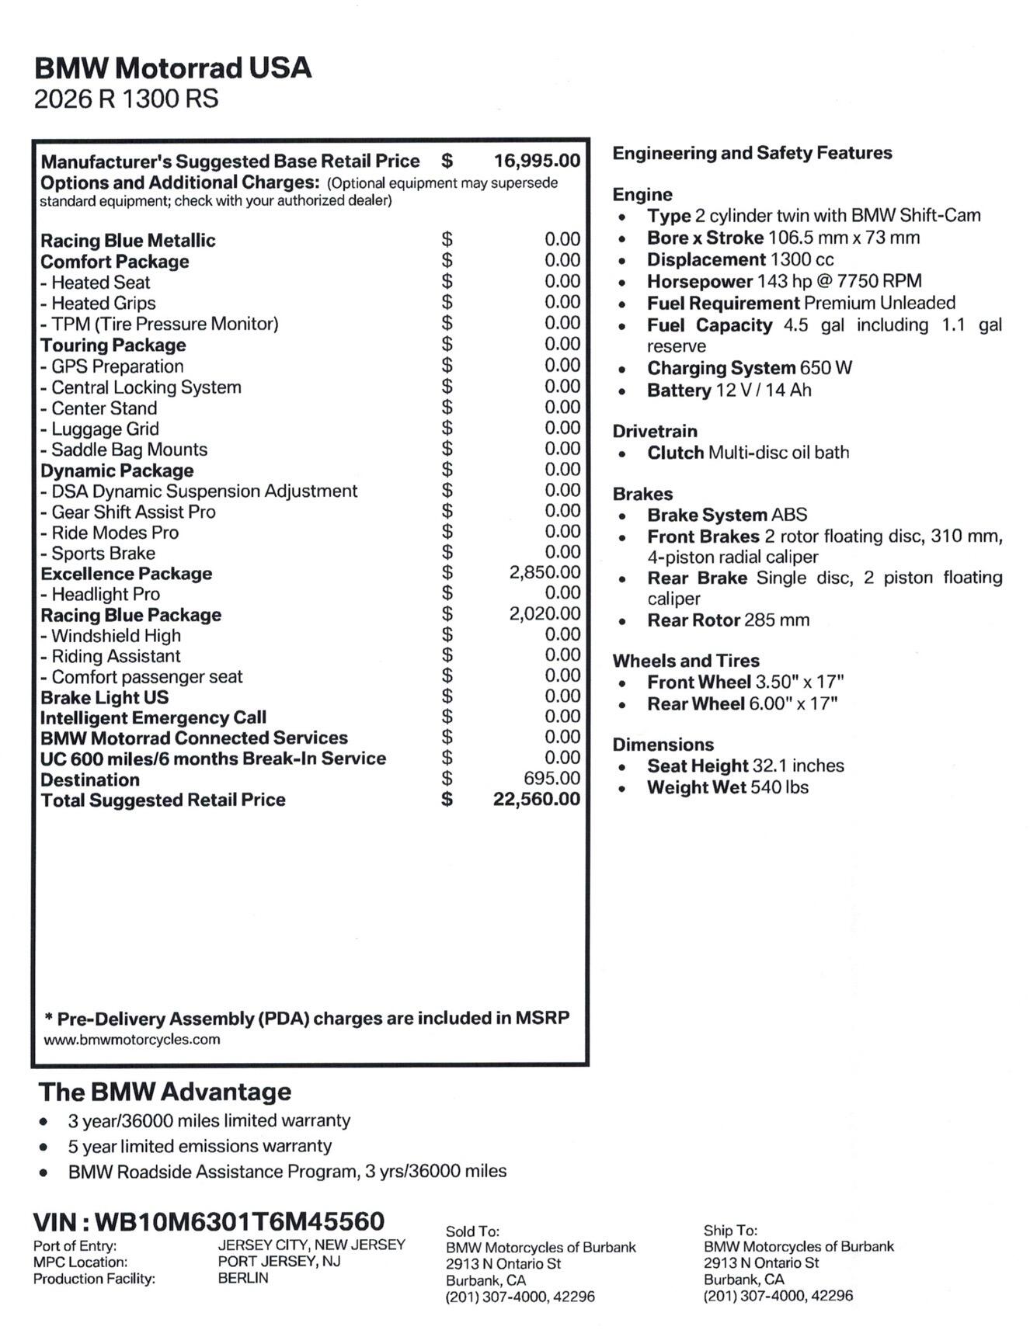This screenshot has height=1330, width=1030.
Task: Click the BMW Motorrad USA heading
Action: [172, 68]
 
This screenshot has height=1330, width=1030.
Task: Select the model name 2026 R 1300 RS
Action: [126, 99]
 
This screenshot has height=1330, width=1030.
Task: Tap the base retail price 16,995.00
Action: [537, 161]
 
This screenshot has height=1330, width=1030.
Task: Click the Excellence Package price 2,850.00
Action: [545, 572]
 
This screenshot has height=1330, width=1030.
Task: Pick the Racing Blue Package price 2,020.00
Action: [545, 613]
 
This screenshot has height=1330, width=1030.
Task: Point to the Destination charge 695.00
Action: [552, 778]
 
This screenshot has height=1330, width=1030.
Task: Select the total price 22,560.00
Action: [536, 799]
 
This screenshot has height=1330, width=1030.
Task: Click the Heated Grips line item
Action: [99, 304]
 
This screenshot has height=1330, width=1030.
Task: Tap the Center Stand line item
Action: [99, 408]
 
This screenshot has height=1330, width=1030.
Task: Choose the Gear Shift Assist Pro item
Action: [128, 512]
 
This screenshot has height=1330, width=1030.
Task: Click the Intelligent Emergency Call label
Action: [153, 717]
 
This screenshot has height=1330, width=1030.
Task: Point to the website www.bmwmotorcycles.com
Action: [132, 1040]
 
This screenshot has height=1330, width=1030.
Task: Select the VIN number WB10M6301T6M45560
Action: [239, 1221]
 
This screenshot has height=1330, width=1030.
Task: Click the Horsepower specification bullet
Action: [784, 281]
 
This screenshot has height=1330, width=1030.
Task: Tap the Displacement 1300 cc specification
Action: [740, 259]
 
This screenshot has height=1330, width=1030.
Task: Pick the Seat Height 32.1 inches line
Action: [745, 766]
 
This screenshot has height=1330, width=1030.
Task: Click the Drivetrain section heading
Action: [655, 431]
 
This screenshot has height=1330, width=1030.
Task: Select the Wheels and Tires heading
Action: [686, 661]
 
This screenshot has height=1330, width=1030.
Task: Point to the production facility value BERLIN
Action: [243, 1278]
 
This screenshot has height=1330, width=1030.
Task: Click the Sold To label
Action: [472, 1231]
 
